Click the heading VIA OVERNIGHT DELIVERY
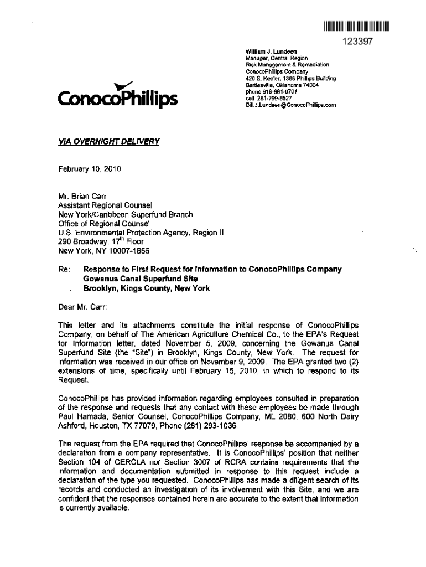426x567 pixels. click(109, 141)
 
